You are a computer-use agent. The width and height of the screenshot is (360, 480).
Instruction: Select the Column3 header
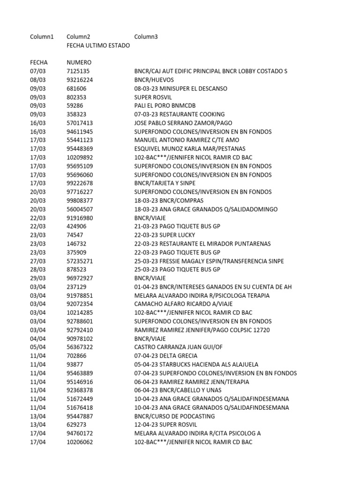click(x=146, y=37)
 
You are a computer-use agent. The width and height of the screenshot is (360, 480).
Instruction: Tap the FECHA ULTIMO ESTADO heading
click(x=98, y=45)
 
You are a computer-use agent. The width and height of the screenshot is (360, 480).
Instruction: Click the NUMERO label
click(x=79, y=62)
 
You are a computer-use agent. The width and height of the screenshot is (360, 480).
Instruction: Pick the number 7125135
click(x=78, y=71)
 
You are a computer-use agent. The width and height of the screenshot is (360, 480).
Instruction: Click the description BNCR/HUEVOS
click(x=154, y=80)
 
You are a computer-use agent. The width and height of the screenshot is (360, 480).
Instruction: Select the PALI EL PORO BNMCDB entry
click(x=165, y=105)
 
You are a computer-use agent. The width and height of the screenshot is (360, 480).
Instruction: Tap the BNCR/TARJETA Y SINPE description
click(x=165, y=183)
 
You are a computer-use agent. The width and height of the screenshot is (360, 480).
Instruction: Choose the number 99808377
click(x=80, y=201)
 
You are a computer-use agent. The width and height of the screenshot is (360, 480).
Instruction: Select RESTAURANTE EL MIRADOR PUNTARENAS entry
click(x=202, y=244)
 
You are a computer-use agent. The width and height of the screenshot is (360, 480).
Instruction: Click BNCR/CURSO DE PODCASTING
click(x=174, y=416)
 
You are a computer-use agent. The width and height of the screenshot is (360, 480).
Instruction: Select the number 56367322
click(x=80, y=347)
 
